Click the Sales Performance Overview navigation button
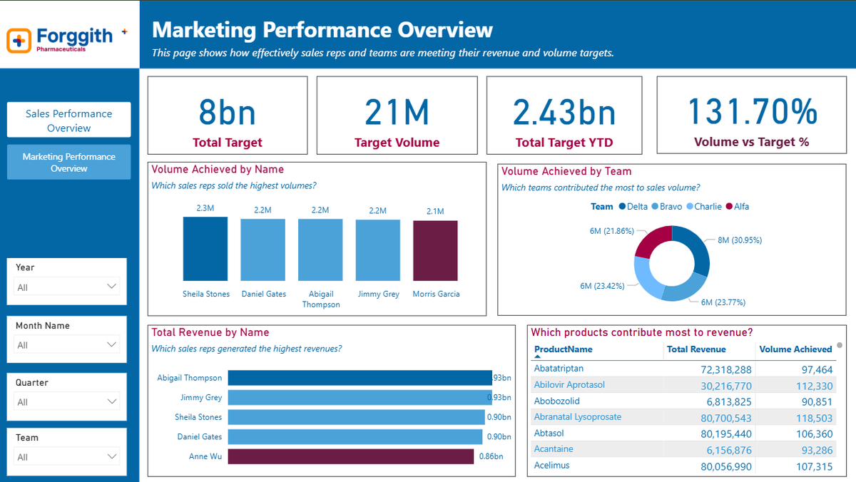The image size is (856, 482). [68, 120]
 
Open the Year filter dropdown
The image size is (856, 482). [67, 287]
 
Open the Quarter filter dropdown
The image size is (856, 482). [67, 401]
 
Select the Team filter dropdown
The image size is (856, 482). [67, 456]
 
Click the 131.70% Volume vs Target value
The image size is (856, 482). [753, 112]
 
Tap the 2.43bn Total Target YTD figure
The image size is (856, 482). [564, 113]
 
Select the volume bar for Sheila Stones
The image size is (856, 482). [205, 249]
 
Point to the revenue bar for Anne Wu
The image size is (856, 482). [350, 456]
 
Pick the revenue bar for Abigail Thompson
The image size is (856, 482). [360, 378]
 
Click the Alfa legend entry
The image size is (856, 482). [737, 207]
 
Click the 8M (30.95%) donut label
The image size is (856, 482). [739, 240]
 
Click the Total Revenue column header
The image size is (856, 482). [695, 349]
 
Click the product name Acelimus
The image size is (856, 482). [551, 466]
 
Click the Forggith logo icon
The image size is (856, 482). [19, 41]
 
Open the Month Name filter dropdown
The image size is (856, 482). [67, 344]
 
